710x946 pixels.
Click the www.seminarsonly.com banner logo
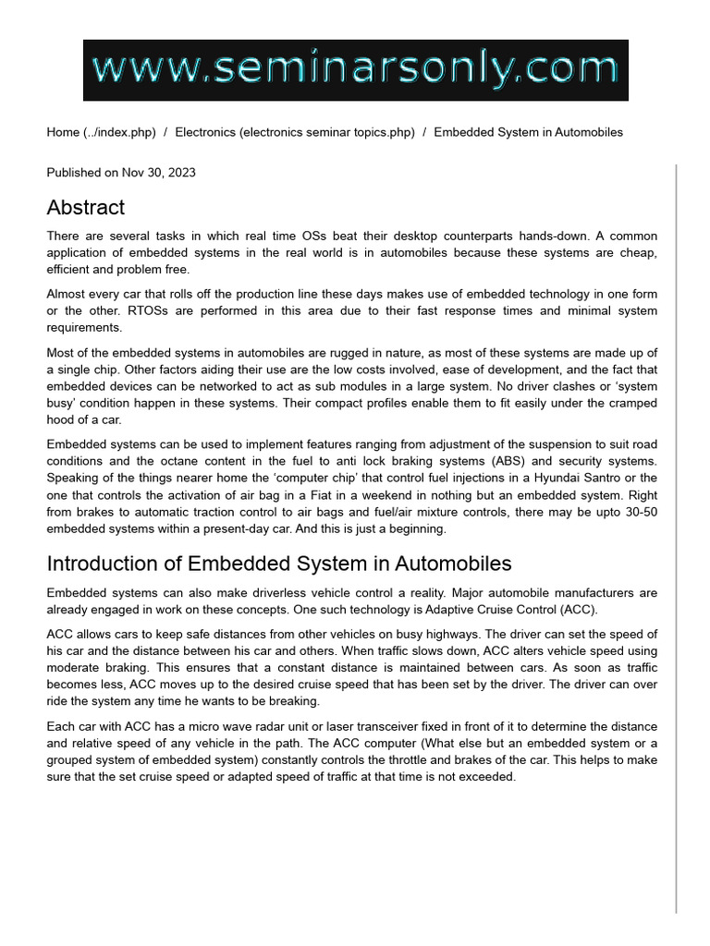[x=355, y=70]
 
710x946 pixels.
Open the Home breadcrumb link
[x=63, y=132]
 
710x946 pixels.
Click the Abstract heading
[x=85, y=207]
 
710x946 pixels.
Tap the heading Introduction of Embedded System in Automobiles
[x=278, y=564]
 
